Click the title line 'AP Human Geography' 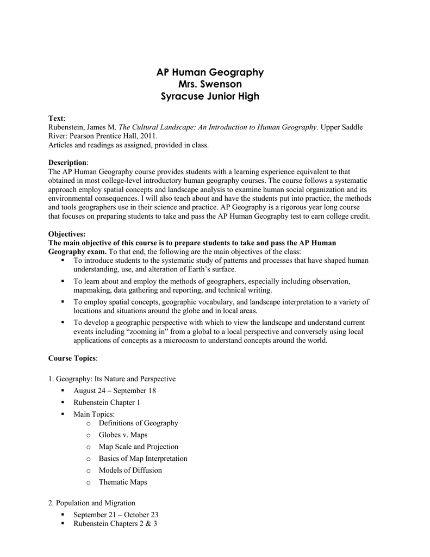point(210,72)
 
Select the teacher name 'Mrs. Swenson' point(210,84)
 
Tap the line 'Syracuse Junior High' point(210,97)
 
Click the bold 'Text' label point(56,118)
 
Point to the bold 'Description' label point(67,163)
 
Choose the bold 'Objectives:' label point(67,233)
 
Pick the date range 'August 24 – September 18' point(115,391)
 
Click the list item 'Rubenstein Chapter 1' point(107,403)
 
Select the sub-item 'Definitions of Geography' point(138,423)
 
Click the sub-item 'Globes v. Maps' point(123,435)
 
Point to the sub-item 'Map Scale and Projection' point(138,447)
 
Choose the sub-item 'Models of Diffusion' point(130,470)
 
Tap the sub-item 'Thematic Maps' point(123,482)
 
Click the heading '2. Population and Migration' point(92,503)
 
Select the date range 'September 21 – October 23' point(116,515)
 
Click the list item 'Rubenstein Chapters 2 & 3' point(115,524)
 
